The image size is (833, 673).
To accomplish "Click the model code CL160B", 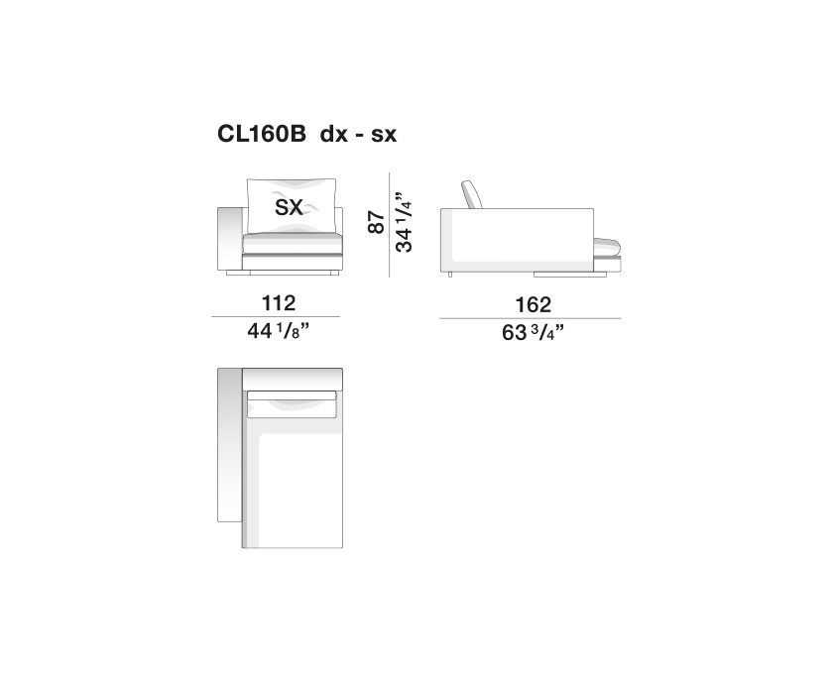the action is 262,134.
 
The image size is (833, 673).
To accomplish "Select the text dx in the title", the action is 333,135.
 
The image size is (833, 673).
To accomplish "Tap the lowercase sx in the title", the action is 384,136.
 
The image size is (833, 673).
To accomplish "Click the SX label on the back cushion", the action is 289,207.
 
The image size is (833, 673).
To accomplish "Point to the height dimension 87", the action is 376,222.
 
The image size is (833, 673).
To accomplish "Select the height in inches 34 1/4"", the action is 404,222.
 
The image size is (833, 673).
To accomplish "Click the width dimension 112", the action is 279,303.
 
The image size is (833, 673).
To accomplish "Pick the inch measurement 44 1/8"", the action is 279,331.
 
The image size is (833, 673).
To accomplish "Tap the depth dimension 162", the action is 533,305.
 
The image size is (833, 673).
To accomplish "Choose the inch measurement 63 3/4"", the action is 533,333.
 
